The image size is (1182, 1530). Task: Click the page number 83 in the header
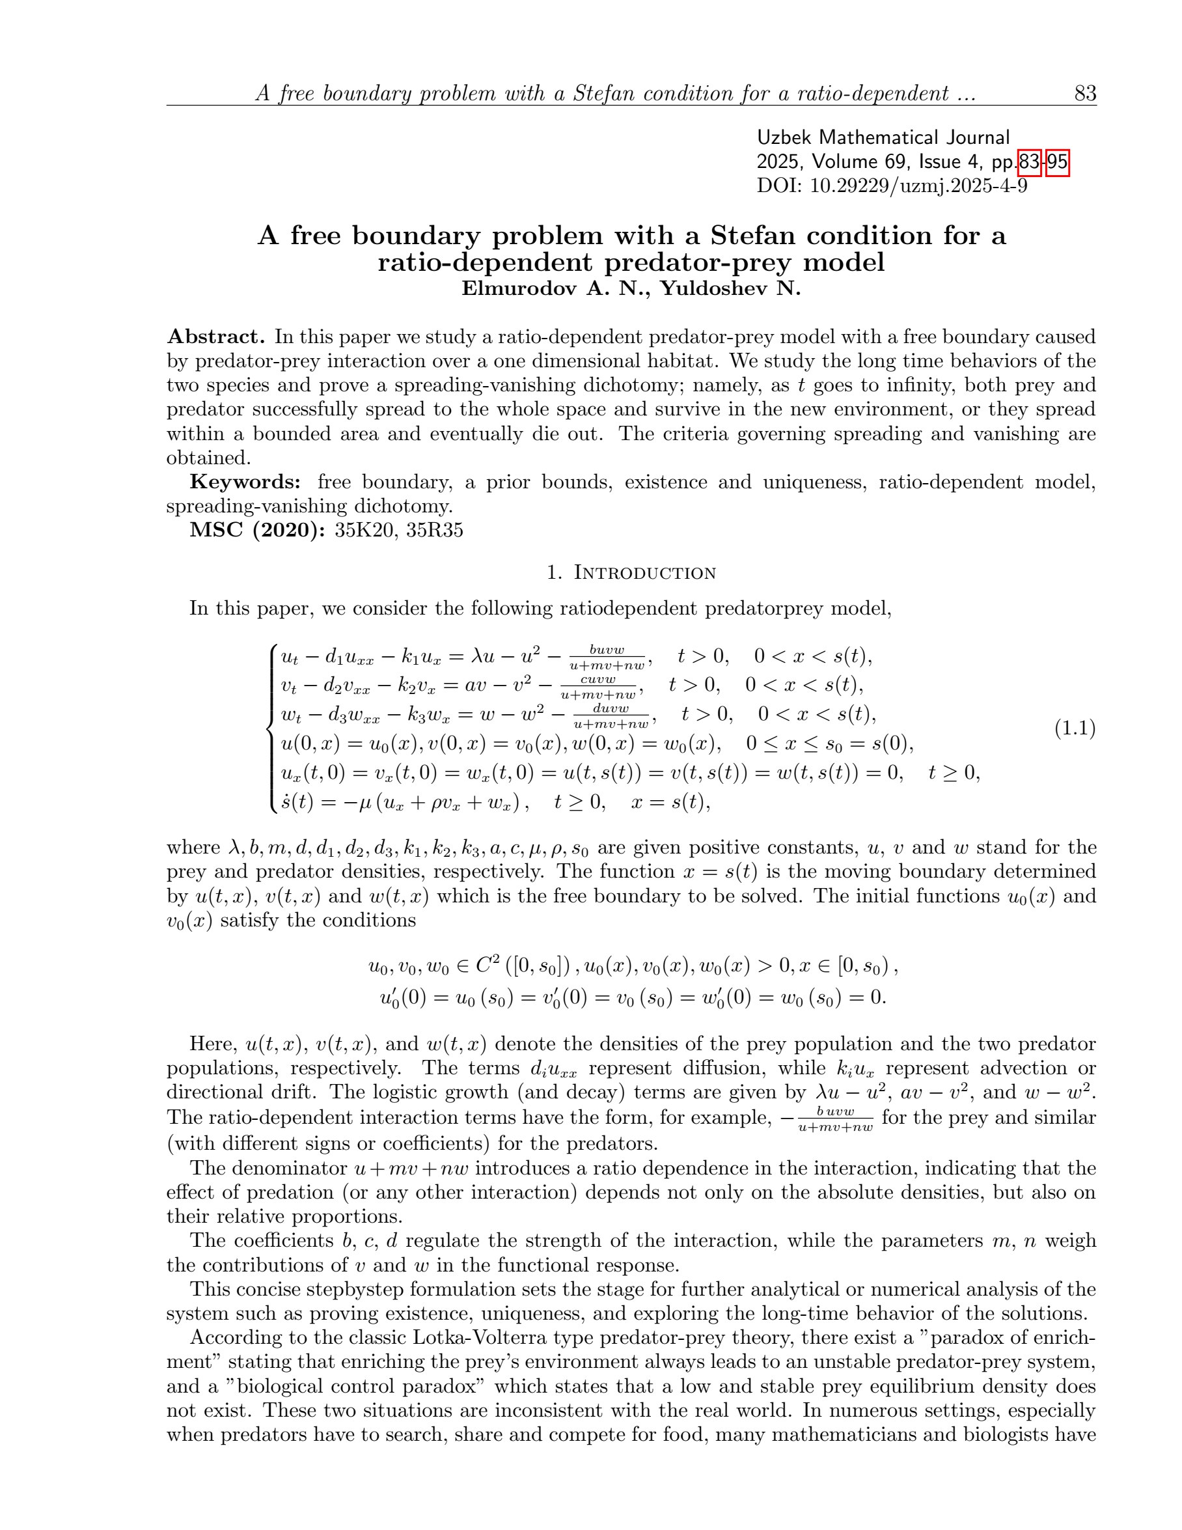1084,93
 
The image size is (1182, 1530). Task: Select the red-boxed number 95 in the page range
1058,162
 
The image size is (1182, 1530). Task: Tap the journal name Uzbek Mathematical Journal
883,137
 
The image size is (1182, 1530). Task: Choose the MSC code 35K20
365,531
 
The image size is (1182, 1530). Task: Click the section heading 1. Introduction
631,572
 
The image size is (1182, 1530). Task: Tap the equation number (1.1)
1075,729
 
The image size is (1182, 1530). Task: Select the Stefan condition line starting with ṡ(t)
495,801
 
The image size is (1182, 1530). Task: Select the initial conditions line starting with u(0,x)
597,743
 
